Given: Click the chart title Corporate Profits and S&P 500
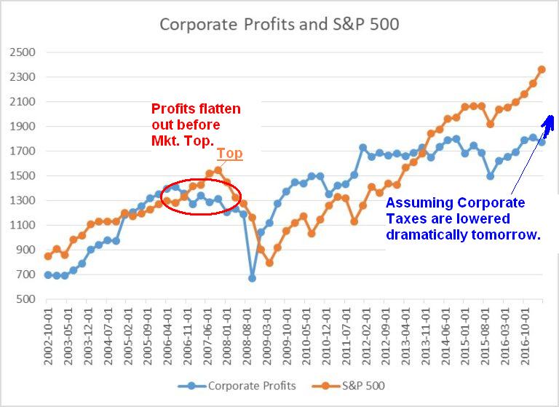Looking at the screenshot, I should point(279,23).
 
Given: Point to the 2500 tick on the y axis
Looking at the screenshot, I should point(22,52).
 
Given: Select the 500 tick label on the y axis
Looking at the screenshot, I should point(25,299).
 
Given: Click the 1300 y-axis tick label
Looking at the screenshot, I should point(22,201).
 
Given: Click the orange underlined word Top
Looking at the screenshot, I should point(229,154).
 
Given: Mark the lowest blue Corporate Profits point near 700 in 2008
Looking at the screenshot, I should point(252,277).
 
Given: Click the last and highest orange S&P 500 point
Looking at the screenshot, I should point(542,70).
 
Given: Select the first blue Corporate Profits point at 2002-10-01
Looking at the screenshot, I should point(48,274).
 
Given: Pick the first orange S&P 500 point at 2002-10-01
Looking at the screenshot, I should point(48,256).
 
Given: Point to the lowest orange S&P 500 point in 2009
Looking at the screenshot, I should point(269,262).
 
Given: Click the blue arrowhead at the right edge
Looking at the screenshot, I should point(551,121).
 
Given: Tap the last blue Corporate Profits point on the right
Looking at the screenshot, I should point(542,142).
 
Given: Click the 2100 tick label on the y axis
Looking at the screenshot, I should point(22,102).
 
